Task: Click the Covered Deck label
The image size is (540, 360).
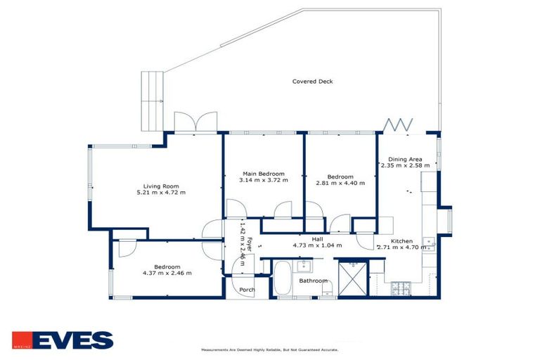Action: coord(312,82)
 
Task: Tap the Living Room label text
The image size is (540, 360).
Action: coord(158,186)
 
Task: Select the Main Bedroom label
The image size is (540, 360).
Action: coord(264,174)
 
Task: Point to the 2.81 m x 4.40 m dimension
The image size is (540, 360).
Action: coord(339,184)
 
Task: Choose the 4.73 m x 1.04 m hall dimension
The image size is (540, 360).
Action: coord(317,245)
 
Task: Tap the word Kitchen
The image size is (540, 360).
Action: coord(401,240)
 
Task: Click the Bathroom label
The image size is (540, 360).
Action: coord(313,281)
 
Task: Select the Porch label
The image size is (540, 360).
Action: coord(247,289)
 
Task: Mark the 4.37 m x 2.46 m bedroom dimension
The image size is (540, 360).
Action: coord(167,273)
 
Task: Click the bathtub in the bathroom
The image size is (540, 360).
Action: coord(281,278)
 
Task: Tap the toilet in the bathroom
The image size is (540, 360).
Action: coord(326,288)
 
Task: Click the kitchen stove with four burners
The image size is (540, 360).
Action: coord(401,288)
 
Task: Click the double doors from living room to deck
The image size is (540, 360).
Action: coord(191,123)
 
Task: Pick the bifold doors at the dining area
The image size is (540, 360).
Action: coord(399,125)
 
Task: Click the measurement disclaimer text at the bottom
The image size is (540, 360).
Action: coord(269,349)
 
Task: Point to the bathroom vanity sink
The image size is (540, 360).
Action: coord(304,265)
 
